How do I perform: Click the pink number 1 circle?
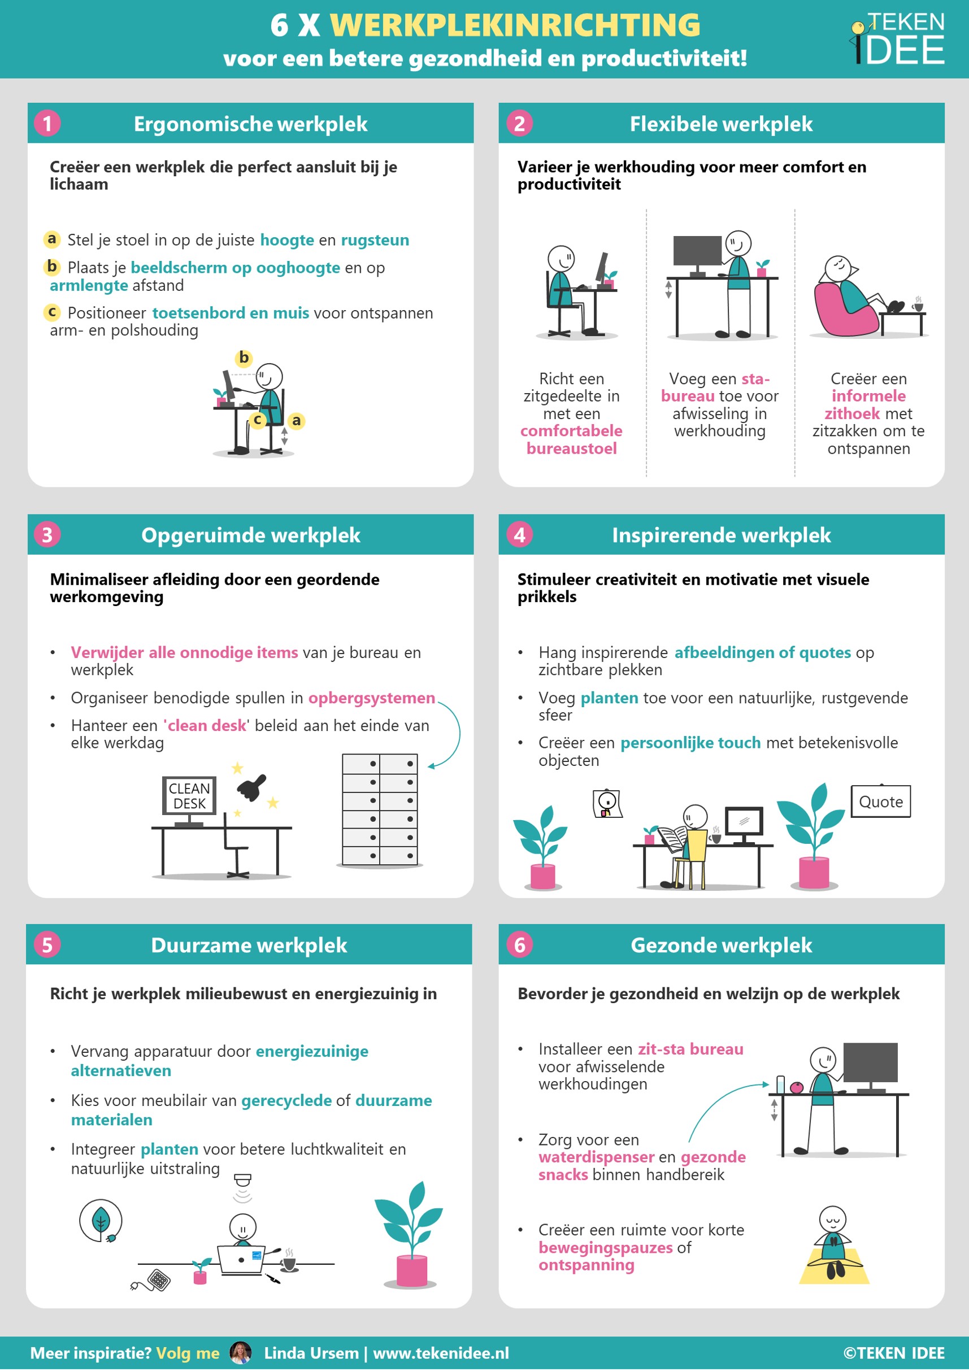coord(47,124)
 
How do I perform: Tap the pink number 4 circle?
coord(519,535)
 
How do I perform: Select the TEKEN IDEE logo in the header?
coord(897,38)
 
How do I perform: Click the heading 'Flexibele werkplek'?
coord(721,124)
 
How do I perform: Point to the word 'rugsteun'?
coord(375,240)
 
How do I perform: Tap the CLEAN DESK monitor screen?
coord(189,795)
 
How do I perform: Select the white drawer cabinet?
coord(380,809)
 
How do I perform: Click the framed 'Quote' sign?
coord(880,802)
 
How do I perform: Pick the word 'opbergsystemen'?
coord(371,698)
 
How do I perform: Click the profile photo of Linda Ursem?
coord(240,1353)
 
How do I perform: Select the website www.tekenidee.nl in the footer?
coord(441,1353)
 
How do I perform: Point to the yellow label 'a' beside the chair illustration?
coord(296,421)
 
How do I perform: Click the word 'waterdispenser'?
coord(596,1157)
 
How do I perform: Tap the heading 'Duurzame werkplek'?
coord(249,946)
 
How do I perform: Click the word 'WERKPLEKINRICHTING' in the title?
coord(515,25)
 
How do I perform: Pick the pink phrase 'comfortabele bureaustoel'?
coord(571,439)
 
